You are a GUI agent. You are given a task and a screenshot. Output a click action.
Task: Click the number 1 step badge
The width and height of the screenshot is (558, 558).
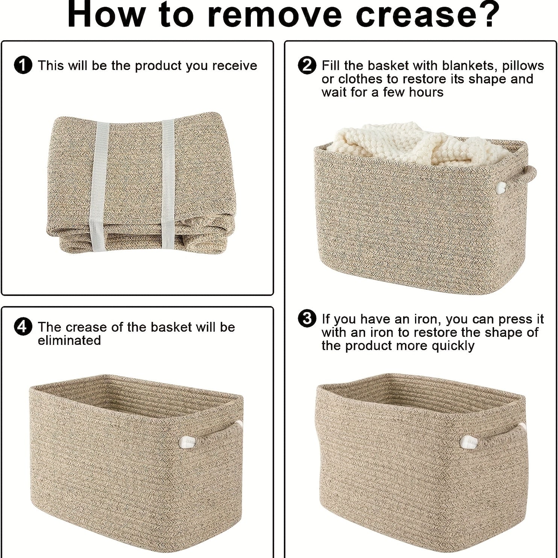pyautogui.click(x=23, y=66)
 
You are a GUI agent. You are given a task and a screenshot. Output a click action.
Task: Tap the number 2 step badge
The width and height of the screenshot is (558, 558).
pyautogui.click(x=307, y=66)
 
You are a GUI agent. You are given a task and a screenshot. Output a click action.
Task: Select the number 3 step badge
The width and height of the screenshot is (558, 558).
pyautogui.click(x=307, y=319)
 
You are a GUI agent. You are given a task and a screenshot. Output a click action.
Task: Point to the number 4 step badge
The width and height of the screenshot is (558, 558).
pyautogui.click(x=23, y=327)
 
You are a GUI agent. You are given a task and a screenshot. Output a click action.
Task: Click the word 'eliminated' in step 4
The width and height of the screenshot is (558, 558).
pyautogui.click(x=70, y=340)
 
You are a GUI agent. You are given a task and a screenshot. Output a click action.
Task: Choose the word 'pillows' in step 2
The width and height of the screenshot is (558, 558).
pyautogui.click(x=523, y=66)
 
